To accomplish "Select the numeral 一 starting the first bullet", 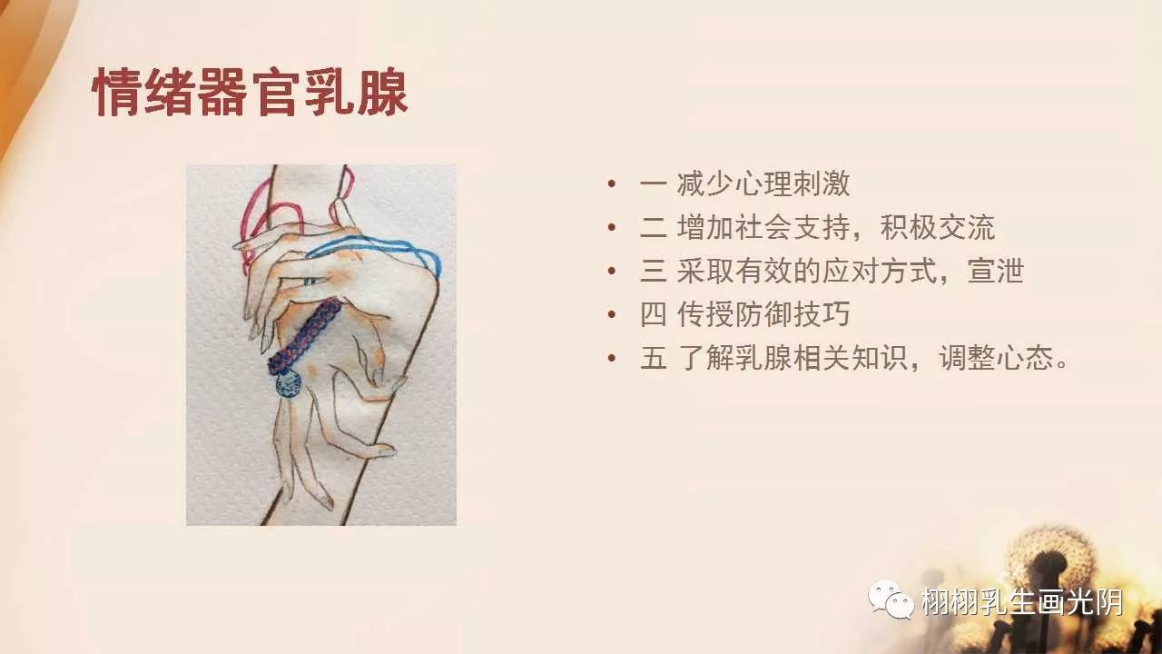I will click(654, 184).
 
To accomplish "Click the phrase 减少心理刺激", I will click(763, 184).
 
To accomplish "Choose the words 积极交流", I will click(938, 227).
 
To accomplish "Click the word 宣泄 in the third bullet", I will click(996, 271).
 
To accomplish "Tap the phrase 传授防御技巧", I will click(763, 314).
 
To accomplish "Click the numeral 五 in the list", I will click(654, 358).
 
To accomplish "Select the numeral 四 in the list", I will click(654, 314).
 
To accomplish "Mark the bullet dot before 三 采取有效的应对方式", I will click(613, 272).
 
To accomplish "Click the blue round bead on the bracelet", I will click(289, 386).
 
